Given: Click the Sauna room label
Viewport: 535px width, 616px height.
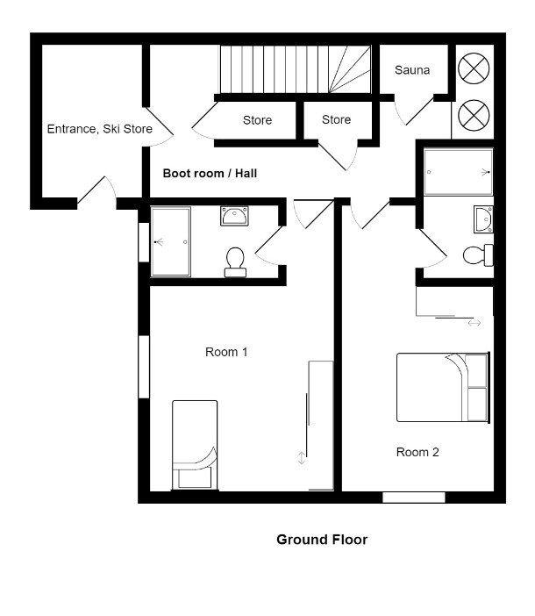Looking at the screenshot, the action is click(x=411, y=70).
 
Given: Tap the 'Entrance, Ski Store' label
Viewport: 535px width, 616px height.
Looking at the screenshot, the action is click(x=100, y=129).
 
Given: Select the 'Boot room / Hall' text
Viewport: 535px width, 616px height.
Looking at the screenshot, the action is click(x=210, y=173).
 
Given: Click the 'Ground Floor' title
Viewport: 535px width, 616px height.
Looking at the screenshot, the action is click(x=322, y=540).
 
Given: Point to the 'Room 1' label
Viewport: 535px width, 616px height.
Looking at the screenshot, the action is click(x=226, y=352).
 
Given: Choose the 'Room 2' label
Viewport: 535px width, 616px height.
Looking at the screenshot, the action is click(x=417, y=452).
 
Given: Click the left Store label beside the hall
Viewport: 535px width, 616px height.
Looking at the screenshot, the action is click(x=257, y=120).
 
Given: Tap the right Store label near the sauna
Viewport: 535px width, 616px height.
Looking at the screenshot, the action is click(x=336, y=119).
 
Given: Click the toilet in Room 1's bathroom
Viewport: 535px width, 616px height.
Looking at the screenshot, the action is click(x=235, y=262).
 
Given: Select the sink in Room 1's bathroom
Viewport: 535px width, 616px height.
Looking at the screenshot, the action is click(x=234, y=216).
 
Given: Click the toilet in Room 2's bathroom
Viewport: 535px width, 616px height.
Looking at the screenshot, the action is click(x=478, y=255).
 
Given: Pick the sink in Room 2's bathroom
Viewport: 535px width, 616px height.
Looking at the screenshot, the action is click(x=483, y=219).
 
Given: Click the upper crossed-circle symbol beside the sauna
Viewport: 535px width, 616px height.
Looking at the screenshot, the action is click(x=474, y=68).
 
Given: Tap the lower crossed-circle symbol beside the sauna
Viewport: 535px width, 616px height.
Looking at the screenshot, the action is click(x=474, y=115).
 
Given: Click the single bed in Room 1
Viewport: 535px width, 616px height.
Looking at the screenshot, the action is click(x=195, y=445).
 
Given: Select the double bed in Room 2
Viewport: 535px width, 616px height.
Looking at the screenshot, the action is click(x=443, y=387).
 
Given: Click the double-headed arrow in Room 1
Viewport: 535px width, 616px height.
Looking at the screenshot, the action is click(x=302, y=458).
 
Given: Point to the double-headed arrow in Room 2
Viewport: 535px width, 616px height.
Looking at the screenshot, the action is click(x=474, y=323).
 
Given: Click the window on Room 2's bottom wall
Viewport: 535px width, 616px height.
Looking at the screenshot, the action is click(x=414, y=498).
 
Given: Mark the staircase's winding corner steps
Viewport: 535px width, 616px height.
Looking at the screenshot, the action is click(x=349, y=69).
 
